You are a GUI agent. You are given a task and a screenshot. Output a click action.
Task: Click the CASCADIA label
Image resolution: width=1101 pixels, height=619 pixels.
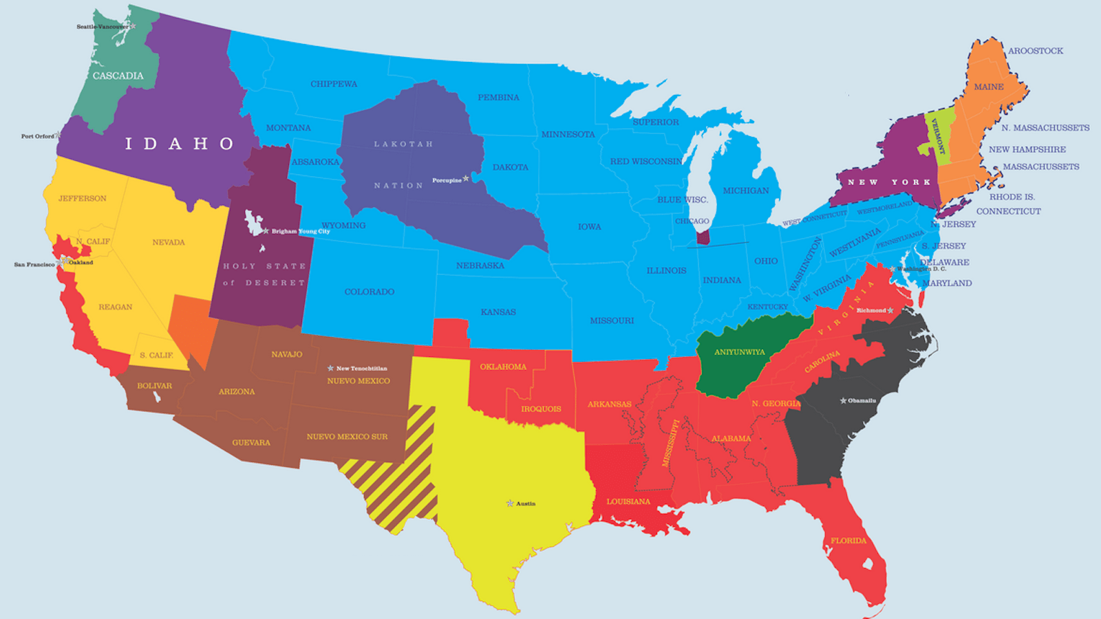(118, 76)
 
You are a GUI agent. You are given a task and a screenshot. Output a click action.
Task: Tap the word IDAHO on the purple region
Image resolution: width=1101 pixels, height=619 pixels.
(179, 144)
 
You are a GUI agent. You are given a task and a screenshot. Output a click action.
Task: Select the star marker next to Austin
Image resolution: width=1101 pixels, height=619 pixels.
(510, 503)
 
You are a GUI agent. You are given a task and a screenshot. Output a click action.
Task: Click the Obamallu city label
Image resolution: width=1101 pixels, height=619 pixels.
(862, 400)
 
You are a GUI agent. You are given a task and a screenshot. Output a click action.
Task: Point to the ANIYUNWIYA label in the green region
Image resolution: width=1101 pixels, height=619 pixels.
(739, 352)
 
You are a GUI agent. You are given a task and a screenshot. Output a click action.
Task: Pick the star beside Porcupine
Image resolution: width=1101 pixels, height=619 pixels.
(466, 179)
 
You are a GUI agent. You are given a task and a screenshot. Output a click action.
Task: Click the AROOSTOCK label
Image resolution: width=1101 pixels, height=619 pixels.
(1036, 51)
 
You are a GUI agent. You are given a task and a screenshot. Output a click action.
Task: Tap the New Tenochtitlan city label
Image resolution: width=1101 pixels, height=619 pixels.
(361, 369)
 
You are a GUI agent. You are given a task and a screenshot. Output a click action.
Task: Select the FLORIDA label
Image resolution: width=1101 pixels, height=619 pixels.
(848, 541)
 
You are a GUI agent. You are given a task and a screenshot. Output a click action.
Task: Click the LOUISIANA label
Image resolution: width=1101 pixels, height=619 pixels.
(628, 501)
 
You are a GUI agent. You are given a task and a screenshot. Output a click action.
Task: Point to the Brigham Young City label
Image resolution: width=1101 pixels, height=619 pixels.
(300, 231)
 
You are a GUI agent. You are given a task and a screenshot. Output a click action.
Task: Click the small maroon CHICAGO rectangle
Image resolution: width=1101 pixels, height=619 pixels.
(703, 237)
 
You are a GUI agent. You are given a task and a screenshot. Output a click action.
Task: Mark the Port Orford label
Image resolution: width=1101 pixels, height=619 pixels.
(37, 136)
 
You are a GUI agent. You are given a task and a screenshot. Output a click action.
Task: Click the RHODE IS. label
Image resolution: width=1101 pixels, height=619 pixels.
(1012, 197)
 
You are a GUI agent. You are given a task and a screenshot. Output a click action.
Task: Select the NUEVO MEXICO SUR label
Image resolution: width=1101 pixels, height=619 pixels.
(347, 437)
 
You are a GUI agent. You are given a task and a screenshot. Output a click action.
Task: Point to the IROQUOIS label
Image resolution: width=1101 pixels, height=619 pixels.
(541, 409)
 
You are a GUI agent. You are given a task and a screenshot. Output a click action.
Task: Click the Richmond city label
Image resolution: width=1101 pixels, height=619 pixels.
(871, 310)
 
